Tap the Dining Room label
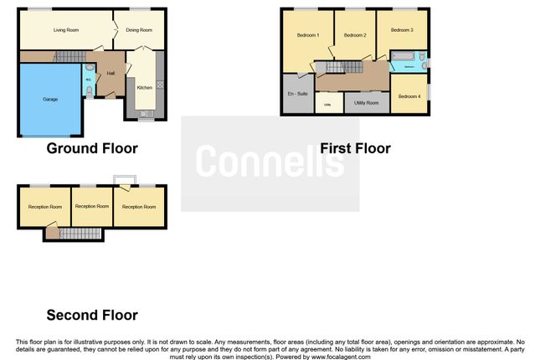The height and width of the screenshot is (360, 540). click(139, 30)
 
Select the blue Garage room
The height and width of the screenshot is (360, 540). click(51, 99)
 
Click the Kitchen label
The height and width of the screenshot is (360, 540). click(144, 87)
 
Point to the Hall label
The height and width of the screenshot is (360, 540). click(111, 73)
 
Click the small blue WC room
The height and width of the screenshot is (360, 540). click(88, 80)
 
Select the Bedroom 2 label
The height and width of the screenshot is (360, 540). click(355, 36)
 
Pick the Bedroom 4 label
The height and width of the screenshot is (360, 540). click(409, 96)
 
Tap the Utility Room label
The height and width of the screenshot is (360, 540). click(367, 102)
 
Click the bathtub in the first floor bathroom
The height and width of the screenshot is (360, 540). click(404, 62)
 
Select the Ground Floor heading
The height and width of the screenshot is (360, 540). click(92, 148)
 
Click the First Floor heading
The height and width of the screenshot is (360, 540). click(355, 148)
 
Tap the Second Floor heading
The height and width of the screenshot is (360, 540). click(92, 315)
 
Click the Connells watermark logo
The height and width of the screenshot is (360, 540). click(270, 162)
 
